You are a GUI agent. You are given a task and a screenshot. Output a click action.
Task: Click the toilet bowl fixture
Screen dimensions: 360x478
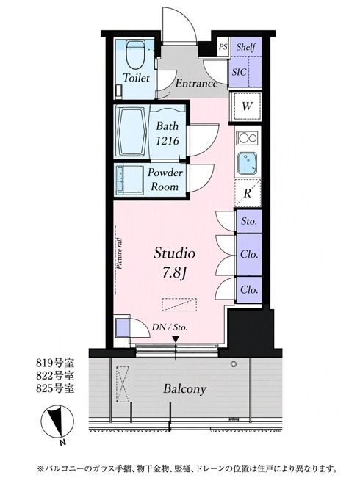pos(136,54)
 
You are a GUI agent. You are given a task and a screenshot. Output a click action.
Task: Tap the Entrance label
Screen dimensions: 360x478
pos(196,84)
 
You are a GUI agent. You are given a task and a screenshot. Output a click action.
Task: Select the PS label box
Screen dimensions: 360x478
pos(223,47)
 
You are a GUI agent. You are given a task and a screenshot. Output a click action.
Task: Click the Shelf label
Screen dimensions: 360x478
pos(246,47)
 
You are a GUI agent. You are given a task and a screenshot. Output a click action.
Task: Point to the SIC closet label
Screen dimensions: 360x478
pos(239,72)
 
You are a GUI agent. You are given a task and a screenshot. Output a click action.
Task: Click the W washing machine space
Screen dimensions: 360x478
pos(247,106)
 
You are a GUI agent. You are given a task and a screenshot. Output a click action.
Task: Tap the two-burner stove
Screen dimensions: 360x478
pos(248,138)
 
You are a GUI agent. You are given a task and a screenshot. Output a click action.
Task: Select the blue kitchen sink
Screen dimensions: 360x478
pos(248,164)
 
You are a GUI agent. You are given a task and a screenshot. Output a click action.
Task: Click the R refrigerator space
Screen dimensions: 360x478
pos(248,193)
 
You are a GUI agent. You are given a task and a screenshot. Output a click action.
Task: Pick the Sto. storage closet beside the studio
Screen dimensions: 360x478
pos(249,221)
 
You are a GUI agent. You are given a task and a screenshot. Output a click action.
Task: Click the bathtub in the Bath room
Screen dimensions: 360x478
pos(132,131)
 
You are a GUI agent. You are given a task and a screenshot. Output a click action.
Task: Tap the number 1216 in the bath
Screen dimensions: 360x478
pos(168,141)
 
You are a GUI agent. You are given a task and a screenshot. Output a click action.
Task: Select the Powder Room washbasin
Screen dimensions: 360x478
pos(130,181)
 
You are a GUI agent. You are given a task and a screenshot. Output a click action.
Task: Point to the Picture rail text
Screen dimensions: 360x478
pos(120,253)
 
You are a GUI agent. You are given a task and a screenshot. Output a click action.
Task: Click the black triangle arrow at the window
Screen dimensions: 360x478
pos(176,340)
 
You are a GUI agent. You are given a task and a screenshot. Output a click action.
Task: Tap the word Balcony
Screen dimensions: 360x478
pos(185,389)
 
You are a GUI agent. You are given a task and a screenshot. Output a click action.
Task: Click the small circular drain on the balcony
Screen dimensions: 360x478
pos(234,364)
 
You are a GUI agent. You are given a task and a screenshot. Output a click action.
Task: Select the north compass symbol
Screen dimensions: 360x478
pos(57,422)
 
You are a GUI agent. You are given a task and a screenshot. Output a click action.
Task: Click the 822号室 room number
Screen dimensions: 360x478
pos(55,376)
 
